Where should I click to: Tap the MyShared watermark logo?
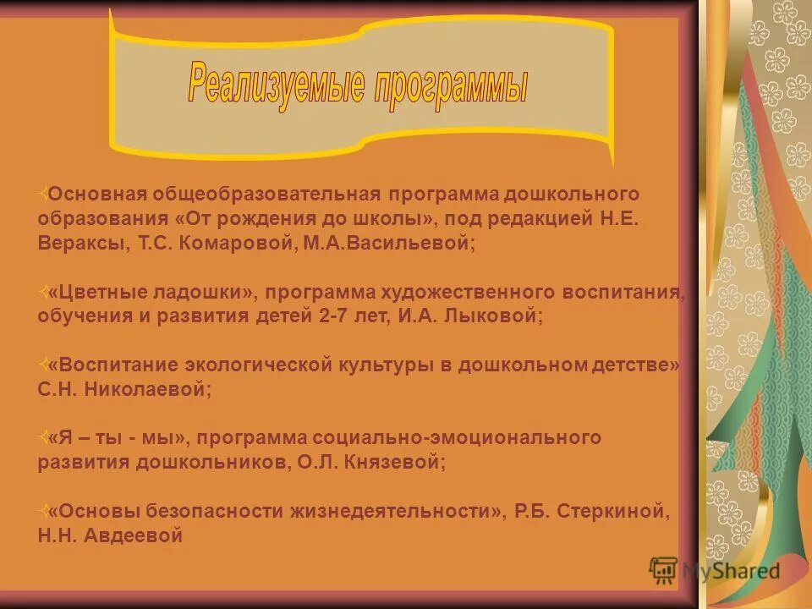click(x=716, y=570)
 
